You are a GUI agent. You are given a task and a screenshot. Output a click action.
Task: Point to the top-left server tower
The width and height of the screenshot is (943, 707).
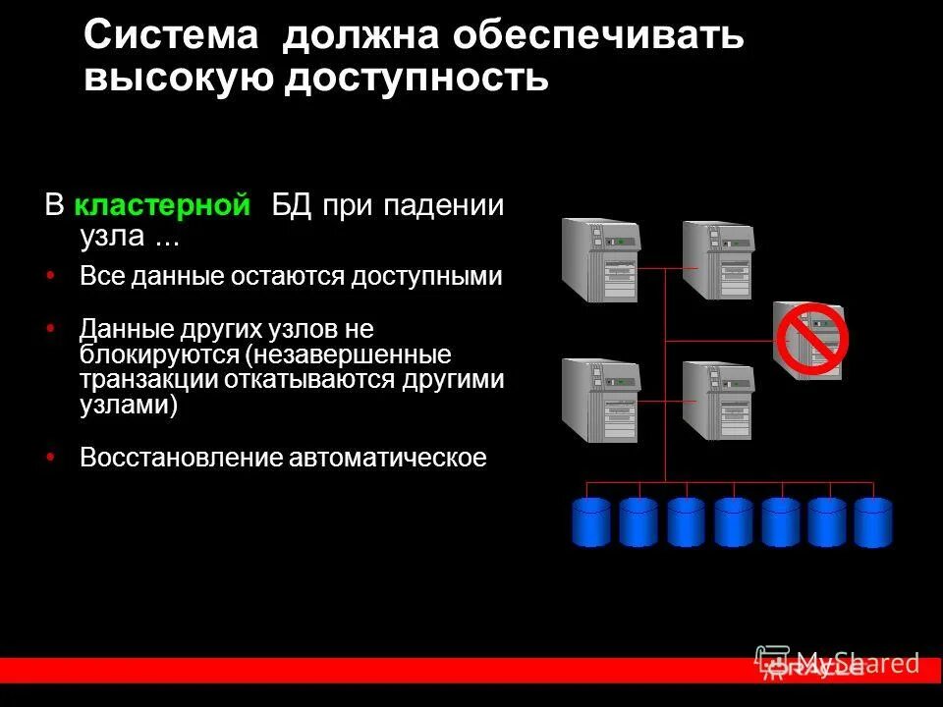click(600, 259)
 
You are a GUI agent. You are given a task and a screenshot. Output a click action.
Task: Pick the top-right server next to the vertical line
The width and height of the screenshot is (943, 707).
click(718, 259)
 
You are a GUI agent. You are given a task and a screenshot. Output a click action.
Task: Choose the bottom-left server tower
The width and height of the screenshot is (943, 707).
click(600, 401)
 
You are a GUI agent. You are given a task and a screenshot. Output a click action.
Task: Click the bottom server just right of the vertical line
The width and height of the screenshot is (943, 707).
click(718, 401)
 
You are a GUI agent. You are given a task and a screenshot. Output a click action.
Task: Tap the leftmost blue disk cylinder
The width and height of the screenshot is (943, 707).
click(591, 520)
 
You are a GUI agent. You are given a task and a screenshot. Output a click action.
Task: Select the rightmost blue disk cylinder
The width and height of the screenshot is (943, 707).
click(873, 520)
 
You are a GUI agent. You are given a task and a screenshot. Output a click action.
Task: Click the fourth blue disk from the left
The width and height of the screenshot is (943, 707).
click(733, 520)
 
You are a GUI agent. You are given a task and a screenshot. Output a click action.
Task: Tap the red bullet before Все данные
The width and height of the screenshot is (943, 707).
click(51, 276)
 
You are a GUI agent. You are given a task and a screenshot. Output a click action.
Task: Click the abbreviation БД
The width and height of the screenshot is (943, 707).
click(292, 206)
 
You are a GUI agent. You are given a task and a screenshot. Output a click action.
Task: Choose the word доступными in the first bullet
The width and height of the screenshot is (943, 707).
click(432, 276)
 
